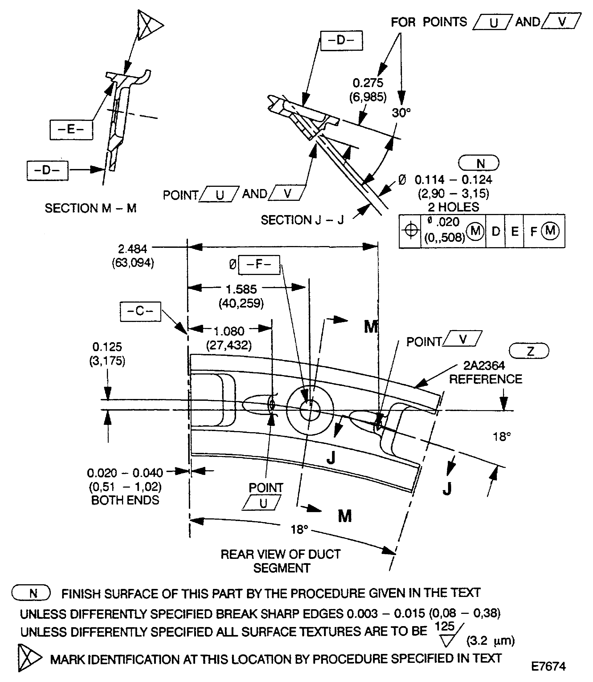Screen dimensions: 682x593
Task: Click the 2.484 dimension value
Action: point(132,249)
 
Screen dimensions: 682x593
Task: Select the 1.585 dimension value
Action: point(241,289)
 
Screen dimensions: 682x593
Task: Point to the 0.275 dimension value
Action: point(368,83)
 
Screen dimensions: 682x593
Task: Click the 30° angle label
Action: point(401,113)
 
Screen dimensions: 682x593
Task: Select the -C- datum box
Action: point(140,311)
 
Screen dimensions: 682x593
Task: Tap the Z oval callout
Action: point(528,351)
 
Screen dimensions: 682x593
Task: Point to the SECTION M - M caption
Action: point(90,208)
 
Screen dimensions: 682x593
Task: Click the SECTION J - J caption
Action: point(302,220)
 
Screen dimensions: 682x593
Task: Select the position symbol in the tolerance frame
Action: point(410,231)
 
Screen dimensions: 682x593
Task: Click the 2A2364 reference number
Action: point(484,366)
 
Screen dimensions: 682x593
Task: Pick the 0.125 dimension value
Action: point(107,347)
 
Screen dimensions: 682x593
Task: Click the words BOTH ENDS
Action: point(125,500)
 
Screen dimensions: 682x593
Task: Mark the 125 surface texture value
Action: point(445,626)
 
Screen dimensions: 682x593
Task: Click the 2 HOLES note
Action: point(453,207)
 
